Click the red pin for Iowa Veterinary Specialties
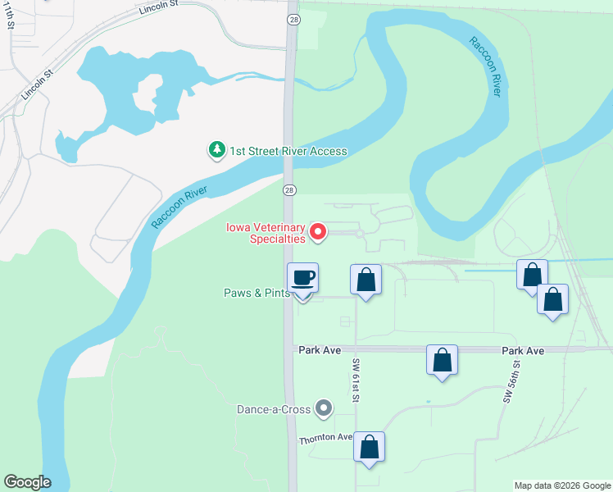[318, 233]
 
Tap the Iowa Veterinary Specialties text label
[266, 234]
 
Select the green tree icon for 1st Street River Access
[216, 150]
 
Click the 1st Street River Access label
[288, 151]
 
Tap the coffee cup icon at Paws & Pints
[302, 279]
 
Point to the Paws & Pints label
[257, 293]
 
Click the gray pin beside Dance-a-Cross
[325, 408]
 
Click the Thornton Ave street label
[325, 438]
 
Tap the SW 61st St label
[356, 380]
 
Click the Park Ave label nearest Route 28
[320, 350]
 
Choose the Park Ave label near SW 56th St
[523, 350]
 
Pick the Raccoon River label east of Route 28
[485, 66]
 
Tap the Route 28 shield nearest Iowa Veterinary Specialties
[289, 190]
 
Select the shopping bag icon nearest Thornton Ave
[370, 448]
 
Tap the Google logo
[27, 482]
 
